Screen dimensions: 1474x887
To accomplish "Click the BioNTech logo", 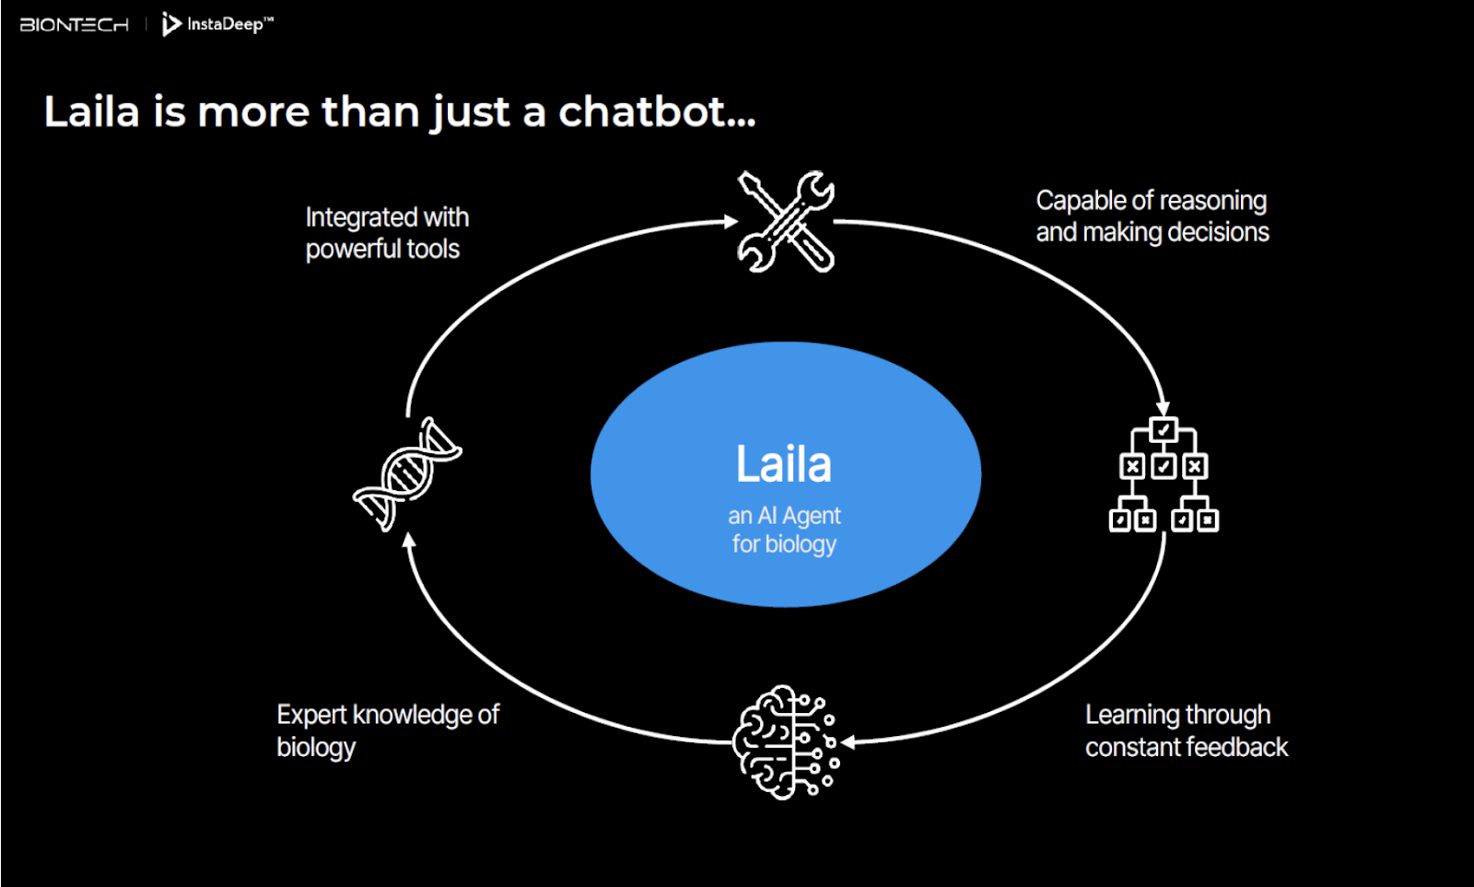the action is (x=75, y=25).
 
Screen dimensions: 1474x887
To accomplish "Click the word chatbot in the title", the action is (x=657, y=111).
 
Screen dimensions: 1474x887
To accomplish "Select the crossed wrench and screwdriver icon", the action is (x=786, y=221).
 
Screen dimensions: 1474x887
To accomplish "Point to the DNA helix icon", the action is (x=407, y=473).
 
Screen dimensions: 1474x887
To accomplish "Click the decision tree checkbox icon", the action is (x=1164, y=473).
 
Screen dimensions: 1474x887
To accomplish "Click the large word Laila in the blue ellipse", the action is (x=784, y=464).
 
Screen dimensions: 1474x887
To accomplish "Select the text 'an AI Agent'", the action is (x=784, y=516).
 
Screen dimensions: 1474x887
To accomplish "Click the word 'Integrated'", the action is (x=352, y=217).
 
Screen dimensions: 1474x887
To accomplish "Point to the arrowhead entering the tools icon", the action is (x=731, y=222).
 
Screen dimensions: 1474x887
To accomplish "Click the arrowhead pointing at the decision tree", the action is (x=1163, y=408).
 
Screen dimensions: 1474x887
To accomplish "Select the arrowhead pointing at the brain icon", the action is (x=848, y=742).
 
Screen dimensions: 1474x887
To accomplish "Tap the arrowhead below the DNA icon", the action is (x=409, y=541).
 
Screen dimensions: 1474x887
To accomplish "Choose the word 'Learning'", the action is (x=1129, y=716).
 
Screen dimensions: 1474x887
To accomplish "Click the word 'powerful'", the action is (x=354, y=250).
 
